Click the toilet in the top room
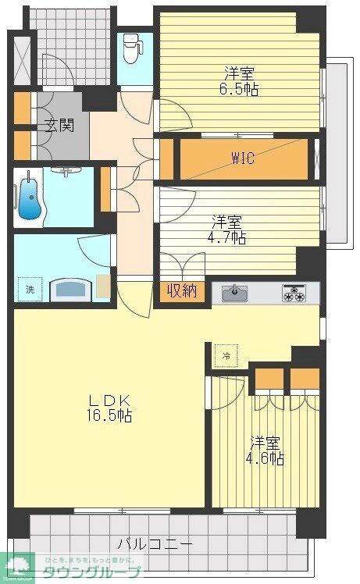(133, 48)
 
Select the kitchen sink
(233, 293)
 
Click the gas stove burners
(294, 294)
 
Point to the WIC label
(241, 157)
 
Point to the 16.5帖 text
(108, 415)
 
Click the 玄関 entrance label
(58, 125)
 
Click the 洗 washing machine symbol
(30, 289)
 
